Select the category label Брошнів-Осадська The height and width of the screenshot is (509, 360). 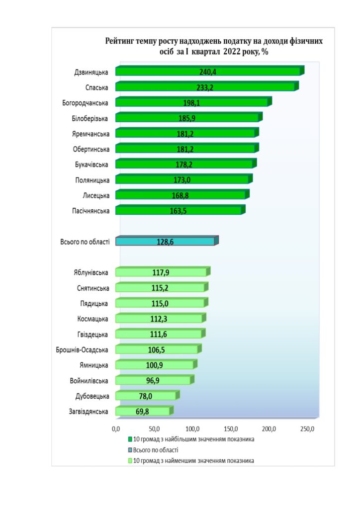[83, 349]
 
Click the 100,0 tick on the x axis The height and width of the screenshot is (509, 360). [192, 428]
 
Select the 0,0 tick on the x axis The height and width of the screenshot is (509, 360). [116, 428]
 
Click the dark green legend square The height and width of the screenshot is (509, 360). [130, 439]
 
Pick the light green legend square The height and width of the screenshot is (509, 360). [130, 461]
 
